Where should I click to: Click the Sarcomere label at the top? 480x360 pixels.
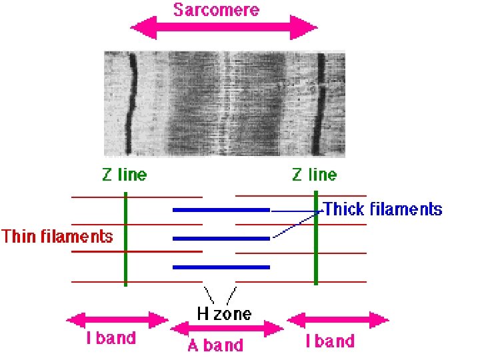(x=216, y=10)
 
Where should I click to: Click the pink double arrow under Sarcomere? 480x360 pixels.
(x=224, y=29)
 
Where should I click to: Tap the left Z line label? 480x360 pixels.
(x=124, y=175)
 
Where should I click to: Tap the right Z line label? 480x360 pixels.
(x=315, y=175)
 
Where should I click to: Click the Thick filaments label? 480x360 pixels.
(x=383, y=209)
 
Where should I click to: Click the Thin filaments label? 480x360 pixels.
(x=57, y=236)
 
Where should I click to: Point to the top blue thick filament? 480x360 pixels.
(x=221, y=210)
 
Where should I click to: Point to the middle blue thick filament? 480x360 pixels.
(x=221, y=238)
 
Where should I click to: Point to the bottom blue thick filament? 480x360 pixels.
(x=221, y=267)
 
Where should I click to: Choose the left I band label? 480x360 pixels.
(x=111, y=338)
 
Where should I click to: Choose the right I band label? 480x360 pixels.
(x=330, y=341)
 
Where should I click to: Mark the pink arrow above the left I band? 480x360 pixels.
(x=117, y=321)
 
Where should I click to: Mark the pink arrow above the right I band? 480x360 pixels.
(x=337, y=321)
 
